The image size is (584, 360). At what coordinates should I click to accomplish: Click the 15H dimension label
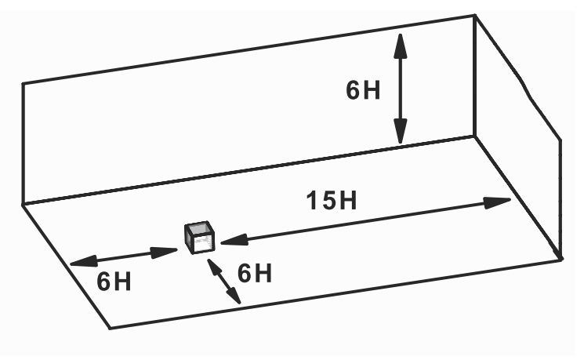pos(331,201)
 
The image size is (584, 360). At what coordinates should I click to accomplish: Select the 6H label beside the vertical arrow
pos(363,89)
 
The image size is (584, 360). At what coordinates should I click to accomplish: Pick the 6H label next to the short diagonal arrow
pos(255,274)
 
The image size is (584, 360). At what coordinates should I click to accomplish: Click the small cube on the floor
pos(200,238)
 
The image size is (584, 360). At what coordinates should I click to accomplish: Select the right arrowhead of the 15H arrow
pos(502,202)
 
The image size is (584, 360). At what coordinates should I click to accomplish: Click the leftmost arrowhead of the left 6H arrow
pos(75,264)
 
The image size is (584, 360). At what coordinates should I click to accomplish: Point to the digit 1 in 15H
pos(311,201)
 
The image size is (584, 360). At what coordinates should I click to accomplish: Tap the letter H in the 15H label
pos(346,201)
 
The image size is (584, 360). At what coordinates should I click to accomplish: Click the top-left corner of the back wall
pos(23,83)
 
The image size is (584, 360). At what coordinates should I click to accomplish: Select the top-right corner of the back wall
pos(474,16)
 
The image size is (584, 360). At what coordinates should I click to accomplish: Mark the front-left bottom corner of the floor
pos(110,327)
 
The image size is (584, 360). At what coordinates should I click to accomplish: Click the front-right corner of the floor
pos(561,258)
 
